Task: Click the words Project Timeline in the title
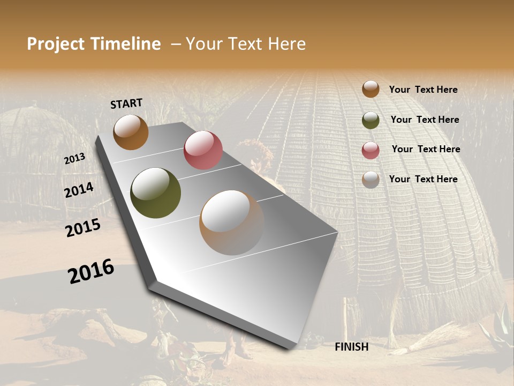[x=94, y=44]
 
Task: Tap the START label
[x=126, y=103]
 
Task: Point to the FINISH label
[x=351, y=347]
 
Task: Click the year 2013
[x=75, y=159]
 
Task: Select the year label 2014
[x=79, y=190]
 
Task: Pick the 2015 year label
[x=83, y=228]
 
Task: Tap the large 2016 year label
[x=91, y=271]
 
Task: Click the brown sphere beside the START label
[x=131, y=132]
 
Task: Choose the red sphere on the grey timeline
[x=203, y=150]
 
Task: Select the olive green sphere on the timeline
[x=155, y=193]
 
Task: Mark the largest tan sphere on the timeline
[x=232, y=222]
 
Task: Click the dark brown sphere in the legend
[x=371, y=89]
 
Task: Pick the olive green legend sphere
[x=371, y=120]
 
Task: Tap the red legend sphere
[x=371, y=150]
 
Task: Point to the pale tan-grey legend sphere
[x=371, y=180]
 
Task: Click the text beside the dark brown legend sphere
[x=423, y=90]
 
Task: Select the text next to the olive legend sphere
[x=425, y=120]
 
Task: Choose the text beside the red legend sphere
[x=426, y=149]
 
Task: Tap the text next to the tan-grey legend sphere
[x=423, y=179]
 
